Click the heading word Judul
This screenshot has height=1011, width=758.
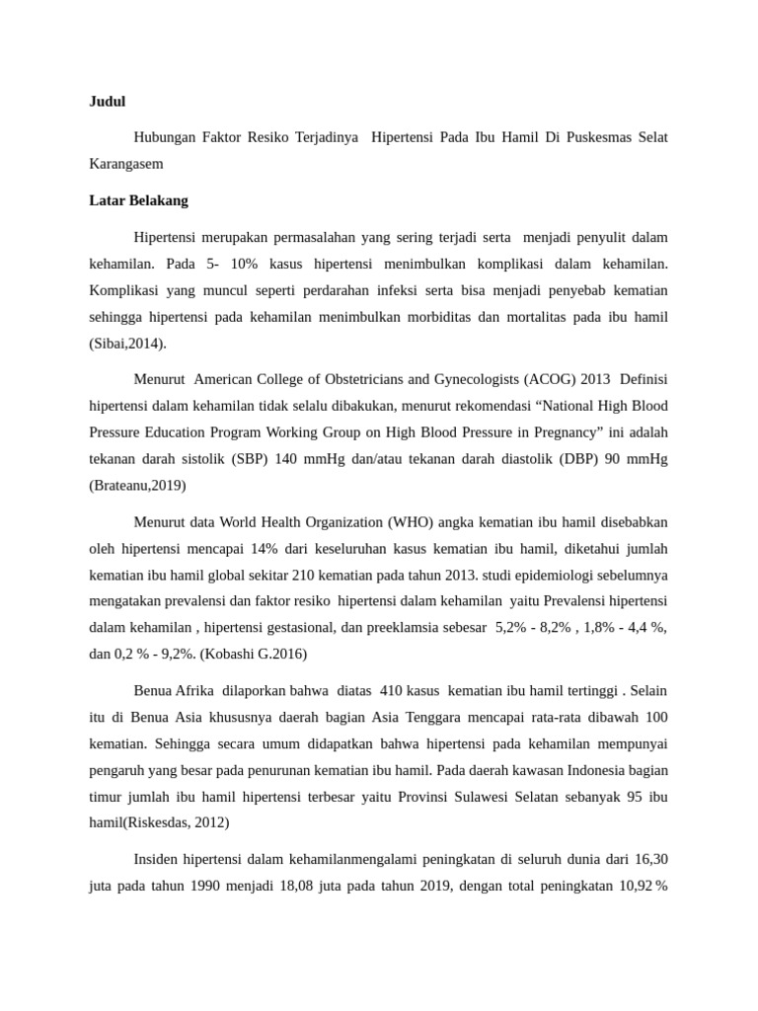click(107, 101)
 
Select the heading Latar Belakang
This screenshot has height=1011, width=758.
click(138, 200)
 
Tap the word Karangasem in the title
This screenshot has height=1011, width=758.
click(126, 163)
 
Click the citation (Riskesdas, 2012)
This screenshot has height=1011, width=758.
click(159, 820)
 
